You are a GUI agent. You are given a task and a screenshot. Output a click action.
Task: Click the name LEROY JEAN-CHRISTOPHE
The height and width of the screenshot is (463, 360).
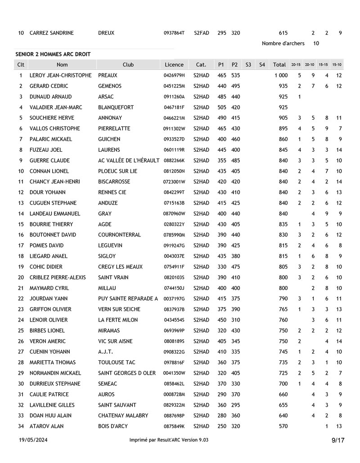tap(60, 75)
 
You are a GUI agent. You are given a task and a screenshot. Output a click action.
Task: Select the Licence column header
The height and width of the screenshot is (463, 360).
tap(174, 64)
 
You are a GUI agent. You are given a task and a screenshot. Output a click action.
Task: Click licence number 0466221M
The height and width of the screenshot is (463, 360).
tap(174, 118)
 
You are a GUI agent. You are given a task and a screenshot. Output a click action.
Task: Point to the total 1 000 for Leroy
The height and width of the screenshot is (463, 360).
tap(281, 75)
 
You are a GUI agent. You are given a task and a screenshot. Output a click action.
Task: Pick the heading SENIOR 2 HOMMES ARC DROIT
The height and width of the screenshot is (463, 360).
tap(53, 54)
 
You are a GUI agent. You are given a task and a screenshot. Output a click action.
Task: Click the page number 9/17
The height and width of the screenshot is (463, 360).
tap(337, 440)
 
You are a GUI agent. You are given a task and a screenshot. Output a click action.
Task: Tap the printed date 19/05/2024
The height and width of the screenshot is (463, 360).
tap(33, 440)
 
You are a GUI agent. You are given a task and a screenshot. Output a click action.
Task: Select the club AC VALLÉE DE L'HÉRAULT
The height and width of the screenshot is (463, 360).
tap(129, 160)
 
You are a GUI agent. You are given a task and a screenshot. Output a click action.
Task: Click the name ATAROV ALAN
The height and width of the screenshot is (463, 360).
tap(46, 426)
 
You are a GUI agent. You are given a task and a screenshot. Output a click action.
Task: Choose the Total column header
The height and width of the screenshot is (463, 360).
tap(279, 64)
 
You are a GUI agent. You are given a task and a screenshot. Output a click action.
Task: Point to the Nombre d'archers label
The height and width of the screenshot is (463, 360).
tap(283, 43)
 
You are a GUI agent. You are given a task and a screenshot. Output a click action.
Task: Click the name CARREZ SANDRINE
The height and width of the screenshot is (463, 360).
tap(51, 33)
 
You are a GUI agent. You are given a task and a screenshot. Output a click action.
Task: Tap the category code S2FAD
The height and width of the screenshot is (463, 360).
tap(201, 33)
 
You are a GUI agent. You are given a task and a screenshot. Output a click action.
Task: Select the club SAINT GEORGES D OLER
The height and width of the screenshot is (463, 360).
tap(127, 373)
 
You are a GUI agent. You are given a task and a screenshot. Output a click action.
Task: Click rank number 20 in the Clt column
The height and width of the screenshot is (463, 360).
tap(21, 277)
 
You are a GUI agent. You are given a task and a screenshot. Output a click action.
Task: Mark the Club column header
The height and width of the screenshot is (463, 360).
tap(128, 64)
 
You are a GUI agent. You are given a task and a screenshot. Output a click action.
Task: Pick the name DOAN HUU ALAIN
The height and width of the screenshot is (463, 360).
tap(50, 415)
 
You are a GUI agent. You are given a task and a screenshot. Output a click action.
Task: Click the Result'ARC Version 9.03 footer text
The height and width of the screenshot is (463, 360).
tap(169, 440)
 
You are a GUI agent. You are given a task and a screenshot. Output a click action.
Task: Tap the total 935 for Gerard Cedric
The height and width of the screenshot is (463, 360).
tap(283, 86)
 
